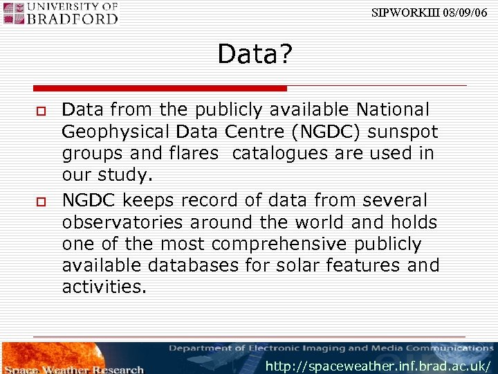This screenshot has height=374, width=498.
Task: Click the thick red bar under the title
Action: [x=160, y=89]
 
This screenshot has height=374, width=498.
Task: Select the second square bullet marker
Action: [x=41, y=201]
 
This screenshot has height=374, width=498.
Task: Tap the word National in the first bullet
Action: [x=392, y=110]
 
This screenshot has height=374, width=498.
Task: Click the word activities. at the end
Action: [x=104, y=287]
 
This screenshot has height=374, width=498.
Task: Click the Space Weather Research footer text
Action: [x=72, y=369]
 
